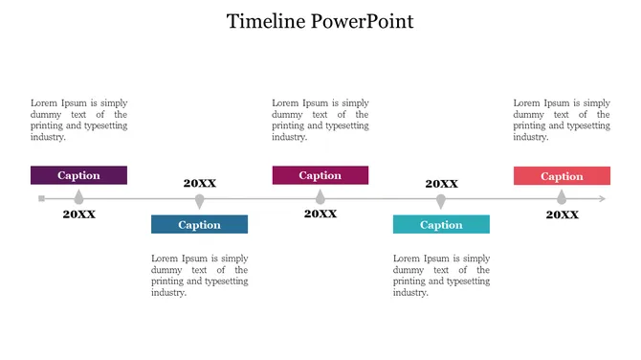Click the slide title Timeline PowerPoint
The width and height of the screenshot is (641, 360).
point(320,21)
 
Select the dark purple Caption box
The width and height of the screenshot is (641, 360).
point(78,175)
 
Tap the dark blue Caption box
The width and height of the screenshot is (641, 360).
point(199,225)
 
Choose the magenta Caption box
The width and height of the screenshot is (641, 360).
point(320,175)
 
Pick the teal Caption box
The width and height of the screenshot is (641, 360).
point(441,225)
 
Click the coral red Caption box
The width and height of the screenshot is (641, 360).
point(562,176)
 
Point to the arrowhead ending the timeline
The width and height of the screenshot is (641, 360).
point(602,199)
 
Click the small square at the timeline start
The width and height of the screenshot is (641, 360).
point(41,199)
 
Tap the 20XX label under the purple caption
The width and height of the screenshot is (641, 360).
point(79,214)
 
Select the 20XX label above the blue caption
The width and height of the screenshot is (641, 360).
point(200,183)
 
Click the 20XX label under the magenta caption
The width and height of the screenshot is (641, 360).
point(320,214)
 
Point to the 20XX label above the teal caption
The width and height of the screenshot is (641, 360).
point(441,184)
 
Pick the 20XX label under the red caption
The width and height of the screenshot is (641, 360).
point(562,214)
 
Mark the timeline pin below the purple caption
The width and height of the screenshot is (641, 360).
point(79,196)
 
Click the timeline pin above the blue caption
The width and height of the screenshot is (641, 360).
point(199,201)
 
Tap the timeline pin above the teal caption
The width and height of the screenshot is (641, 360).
point(441,201)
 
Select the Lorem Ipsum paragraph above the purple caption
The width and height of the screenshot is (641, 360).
point(78,120)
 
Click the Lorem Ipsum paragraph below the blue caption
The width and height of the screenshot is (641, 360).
point(199,275)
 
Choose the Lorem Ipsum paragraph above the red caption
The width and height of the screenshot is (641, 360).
point(562,120)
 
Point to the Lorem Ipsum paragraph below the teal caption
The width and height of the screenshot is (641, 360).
point(441,275)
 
